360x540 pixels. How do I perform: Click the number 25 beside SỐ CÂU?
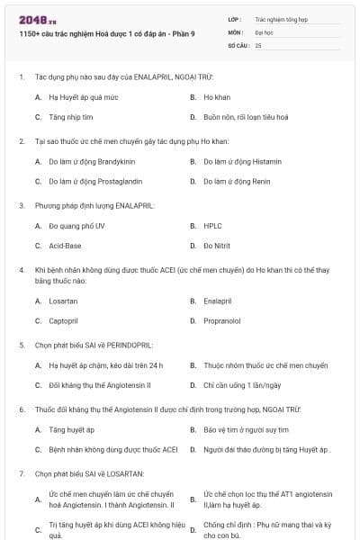pyautogui.click(x=258, y=44)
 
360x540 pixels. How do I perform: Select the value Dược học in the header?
pyautogui.click(x=264, y=31)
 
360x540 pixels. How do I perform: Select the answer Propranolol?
pyautogui.click(x=221, y=320)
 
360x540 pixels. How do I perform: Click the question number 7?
pyautogui.click(x=21, y=473)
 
